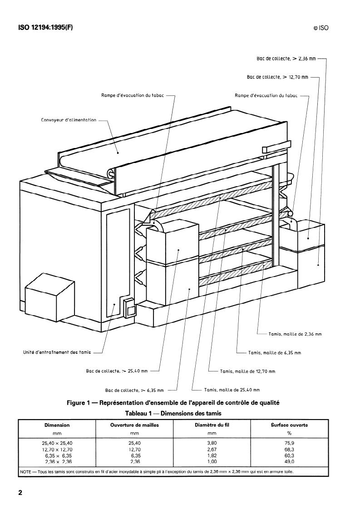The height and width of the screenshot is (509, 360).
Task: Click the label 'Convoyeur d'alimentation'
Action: pos(69,120)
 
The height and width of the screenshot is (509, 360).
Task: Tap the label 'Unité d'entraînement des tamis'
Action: pos(57,352)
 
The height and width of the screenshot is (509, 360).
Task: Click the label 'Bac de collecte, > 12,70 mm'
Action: pos(277,77)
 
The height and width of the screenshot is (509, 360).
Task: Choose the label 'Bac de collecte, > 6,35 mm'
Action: pos(134,390)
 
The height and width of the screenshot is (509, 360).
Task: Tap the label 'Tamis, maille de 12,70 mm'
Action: pos(247,371)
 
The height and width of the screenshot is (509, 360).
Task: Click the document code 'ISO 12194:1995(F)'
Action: pos(45,27)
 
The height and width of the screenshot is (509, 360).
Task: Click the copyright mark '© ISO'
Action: pos(321,28)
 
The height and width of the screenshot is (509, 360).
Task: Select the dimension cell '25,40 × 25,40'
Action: pos(57,443)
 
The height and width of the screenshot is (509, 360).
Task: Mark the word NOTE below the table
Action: pos(25,472)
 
